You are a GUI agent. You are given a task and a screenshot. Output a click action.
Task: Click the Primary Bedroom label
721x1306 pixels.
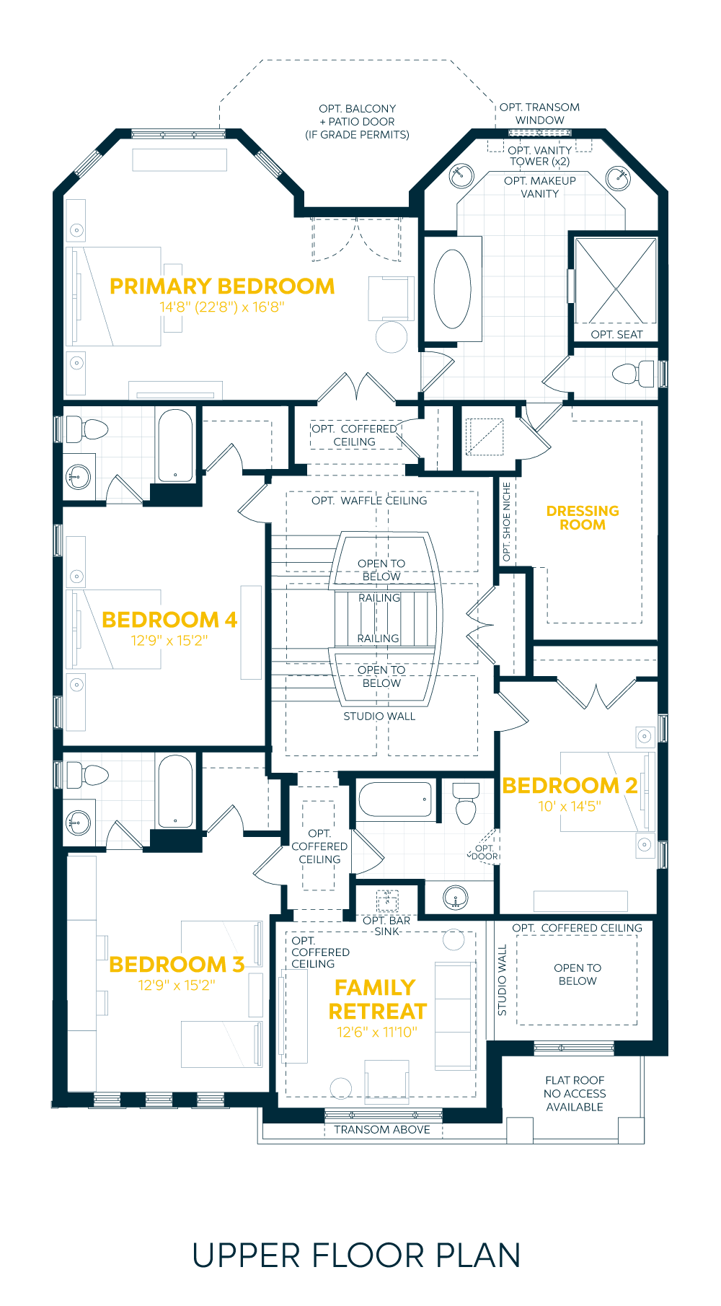(222, 286)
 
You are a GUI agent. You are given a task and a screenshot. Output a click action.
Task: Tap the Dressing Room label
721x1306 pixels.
(583, 517)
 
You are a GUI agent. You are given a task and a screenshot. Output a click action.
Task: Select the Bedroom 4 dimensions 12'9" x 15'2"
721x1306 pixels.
(169, 640)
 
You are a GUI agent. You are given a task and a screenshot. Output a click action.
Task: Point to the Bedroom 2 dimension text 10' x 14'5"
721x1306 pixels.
(570, 806)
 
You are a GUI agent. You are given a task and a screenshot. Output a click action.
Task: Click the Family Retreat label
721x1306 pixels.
(377, 999)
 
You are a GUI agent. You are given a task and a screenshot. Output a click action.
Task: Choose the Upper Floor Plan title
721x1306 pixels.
(356, 1255)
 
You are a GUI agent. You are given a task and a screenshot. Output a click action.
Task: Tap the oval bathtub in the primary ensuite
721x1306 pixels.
(452, 289)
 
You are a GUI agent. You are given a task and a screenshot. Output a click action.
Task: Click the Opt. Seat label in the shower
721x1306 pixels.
(616, 334)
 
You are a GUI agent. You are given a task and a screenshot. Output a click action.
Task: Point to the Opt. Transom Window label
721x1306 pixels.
(539, 113)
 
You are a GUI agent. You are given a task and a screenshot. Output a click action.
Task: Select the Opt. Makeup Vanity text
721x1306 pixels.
(540, 187)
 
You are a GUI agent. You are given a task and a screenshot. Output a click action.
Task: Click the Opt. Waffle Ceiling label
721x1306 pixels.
(369, 500)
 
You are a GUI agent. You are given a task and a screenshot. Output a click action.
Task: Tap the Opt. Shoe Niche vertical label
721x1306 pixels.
(506, 522)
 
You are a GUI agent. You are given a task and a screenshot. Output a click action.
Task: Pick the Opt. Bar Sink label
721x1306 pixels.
(386, 926)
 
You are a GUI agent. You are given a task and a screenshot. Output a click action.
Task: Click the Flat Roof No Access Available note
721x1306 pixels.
(575, 1093)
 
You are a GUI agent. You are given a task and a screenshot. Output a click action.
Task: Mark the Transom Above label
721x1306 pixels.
(382, 1129)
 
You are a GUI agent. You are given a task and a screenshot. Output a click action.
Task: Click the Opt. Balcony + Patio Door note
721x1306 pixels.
(357, 121)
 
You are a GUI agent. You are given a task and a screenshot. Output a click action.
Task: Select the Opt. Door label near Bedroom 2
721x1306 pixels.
(485, 852)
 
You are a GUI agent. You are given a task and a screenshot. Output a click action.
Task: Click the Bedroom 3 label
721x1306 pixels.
(177, 964)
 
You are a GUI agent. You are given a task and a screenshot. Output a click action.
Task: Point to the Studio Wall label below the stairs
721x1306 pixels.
(379, 716)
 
